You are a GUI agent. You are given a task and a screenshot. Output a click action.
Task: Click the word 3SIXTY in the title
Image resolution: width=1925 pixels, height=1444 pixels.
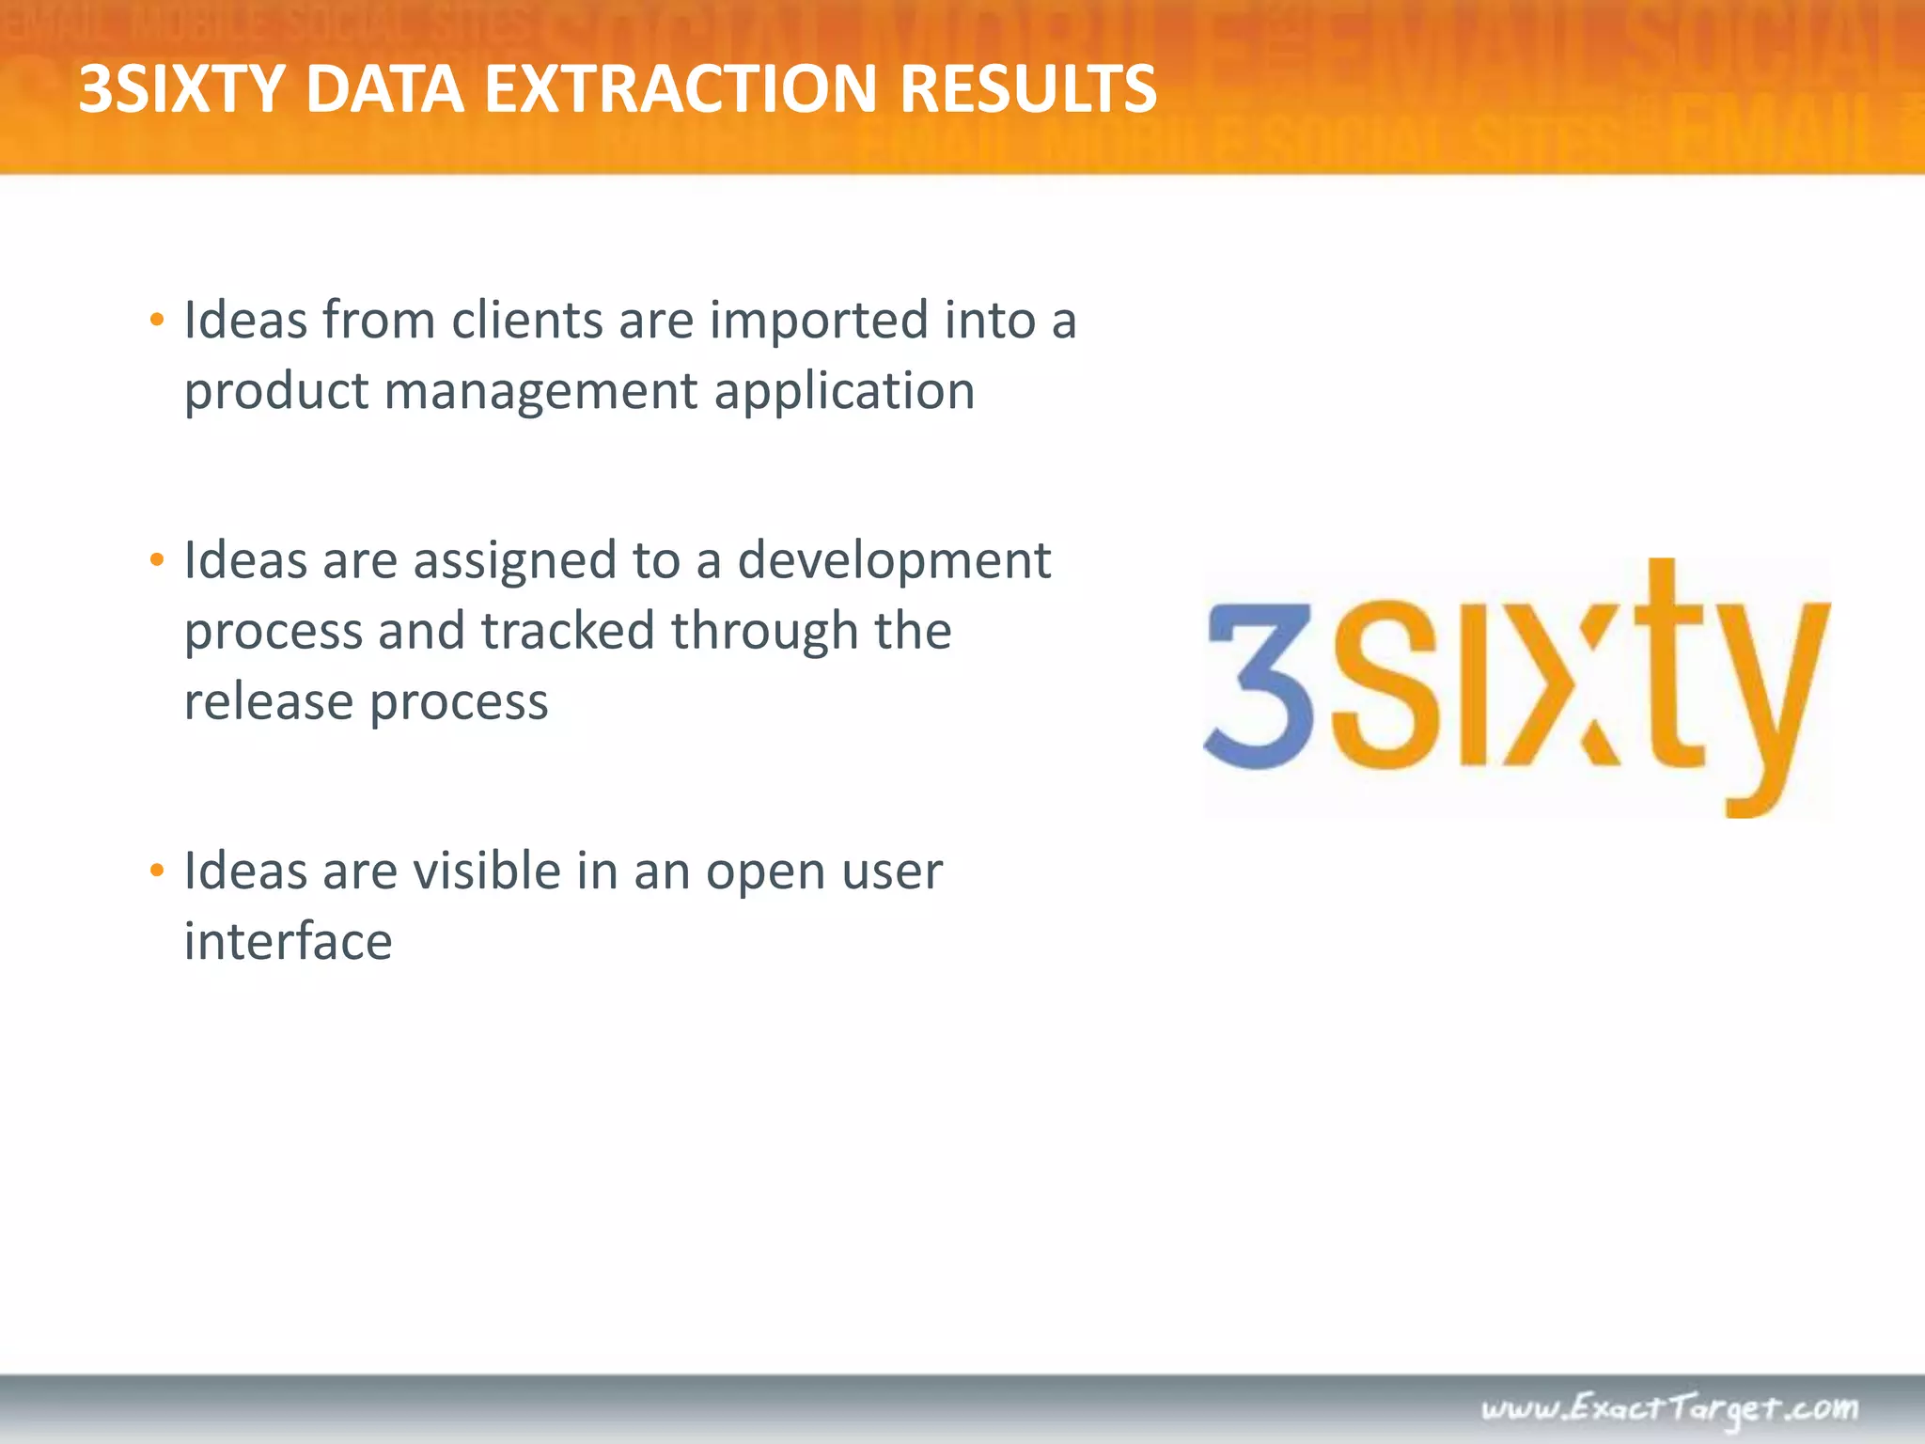(x=180, y=89)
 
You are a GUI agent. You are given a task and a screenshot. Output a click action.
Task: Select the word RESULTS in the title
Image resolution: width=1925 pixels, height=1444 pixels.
(x=1028, y=89)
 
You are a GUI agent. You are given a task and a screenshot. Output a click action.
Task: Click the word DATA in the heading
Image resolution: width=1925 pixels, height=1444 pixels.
(x=384, y=89)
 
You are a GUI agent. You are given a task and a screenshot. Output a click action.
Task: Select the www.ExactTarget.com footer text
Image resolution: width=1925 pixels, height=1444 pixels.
(x=1669, y=1408)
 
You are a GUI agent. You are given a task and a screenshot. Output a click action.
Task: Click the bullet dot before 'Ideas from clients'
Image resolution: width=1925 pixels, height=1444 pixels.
(x=157, y=321)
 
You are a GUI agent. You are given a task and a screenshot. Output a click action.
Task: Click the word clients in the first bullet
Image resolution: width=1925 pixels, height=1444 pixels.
(x=526, y=321)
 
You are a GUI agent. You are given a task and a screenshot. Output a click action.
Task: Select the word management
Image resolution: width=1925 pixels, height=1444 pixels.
(x=540, y=392)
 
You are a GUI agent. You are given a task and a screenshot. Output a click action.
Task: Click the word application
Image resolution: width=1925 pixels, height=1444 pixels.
(x=844, y=392)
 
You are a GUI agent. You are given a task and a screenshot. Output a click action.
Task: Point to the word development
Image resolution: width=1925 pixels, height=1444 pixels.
(x=893, y=562)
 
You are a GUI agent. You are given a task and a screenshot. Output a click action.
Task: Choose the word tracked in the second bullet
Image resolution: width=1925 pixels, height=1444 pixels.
(x=568, y=631)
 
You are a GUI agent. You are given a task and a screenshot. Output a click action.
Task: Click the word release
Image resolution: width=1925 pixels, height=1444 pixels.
(x=267, y=702)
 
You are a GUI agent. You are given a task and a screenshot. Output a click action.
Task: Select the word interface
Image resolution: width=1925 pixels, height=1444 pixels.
(x=288, y=942)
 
